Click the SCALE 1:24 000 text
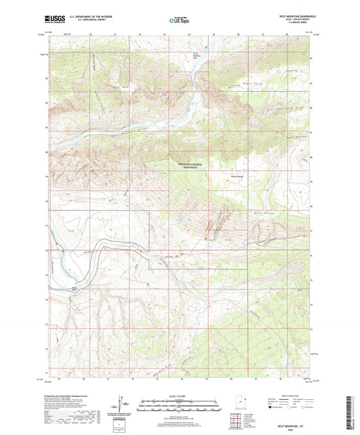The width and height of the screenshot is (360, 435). [x=179, y=396]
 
